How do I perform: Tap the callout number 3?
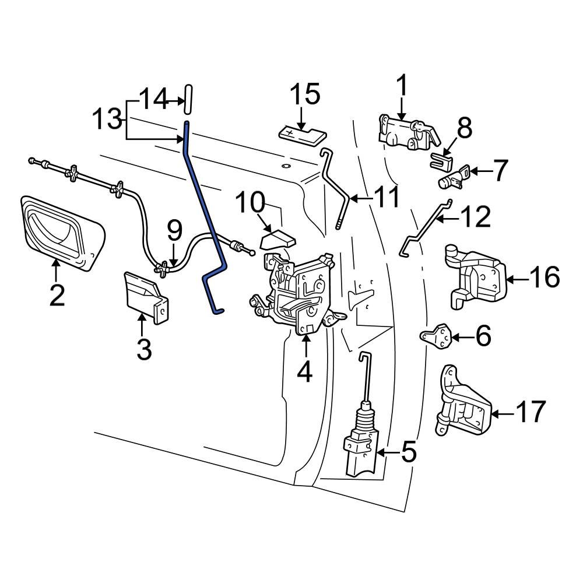143,350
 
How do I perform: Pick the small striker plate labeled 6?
436,336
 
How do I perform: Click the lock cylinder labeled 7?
452,178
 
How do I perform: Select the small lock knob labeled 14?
188,100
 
